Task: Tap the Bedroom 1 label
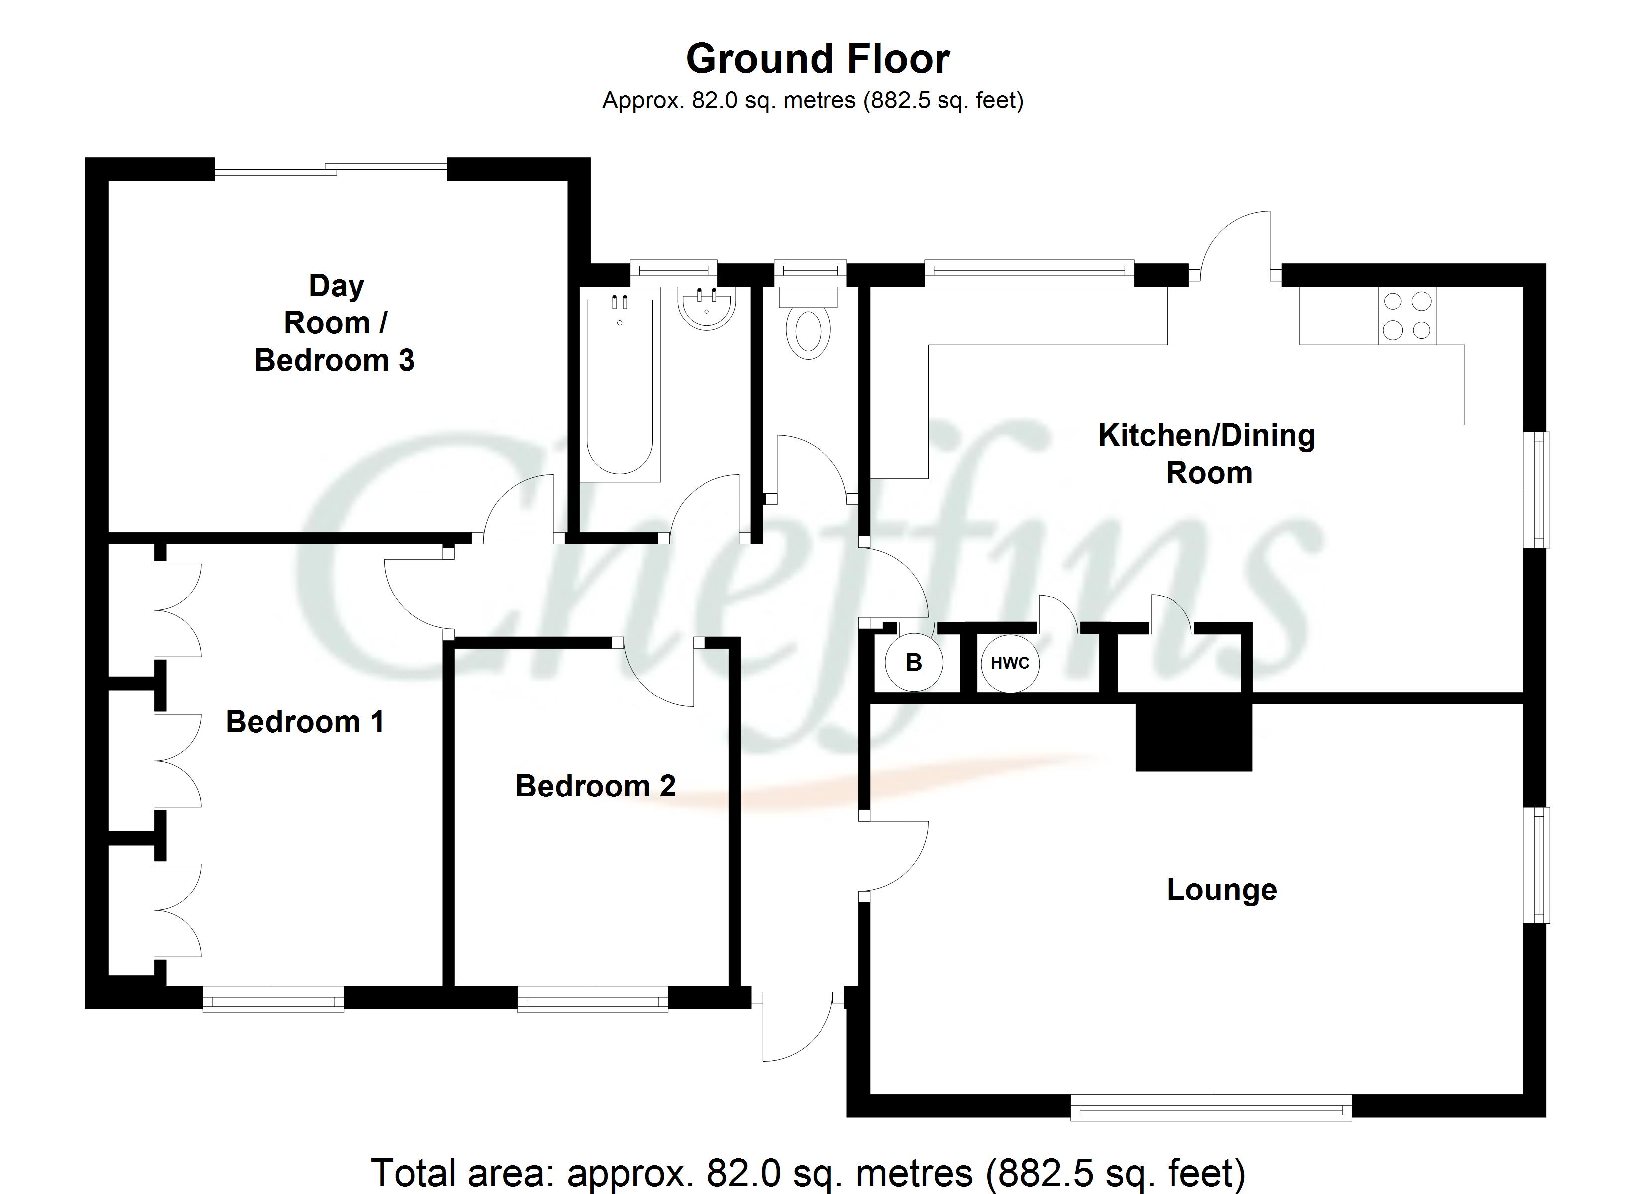[x=305, y=722]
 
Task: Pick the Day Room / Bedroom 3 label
[x=335, y=323]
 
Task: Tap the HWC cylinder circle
[x=1010, y=663]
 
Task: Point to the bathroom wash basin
[x=707, y=308]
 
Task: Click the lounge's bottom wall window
[x=1210, y=1107]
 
